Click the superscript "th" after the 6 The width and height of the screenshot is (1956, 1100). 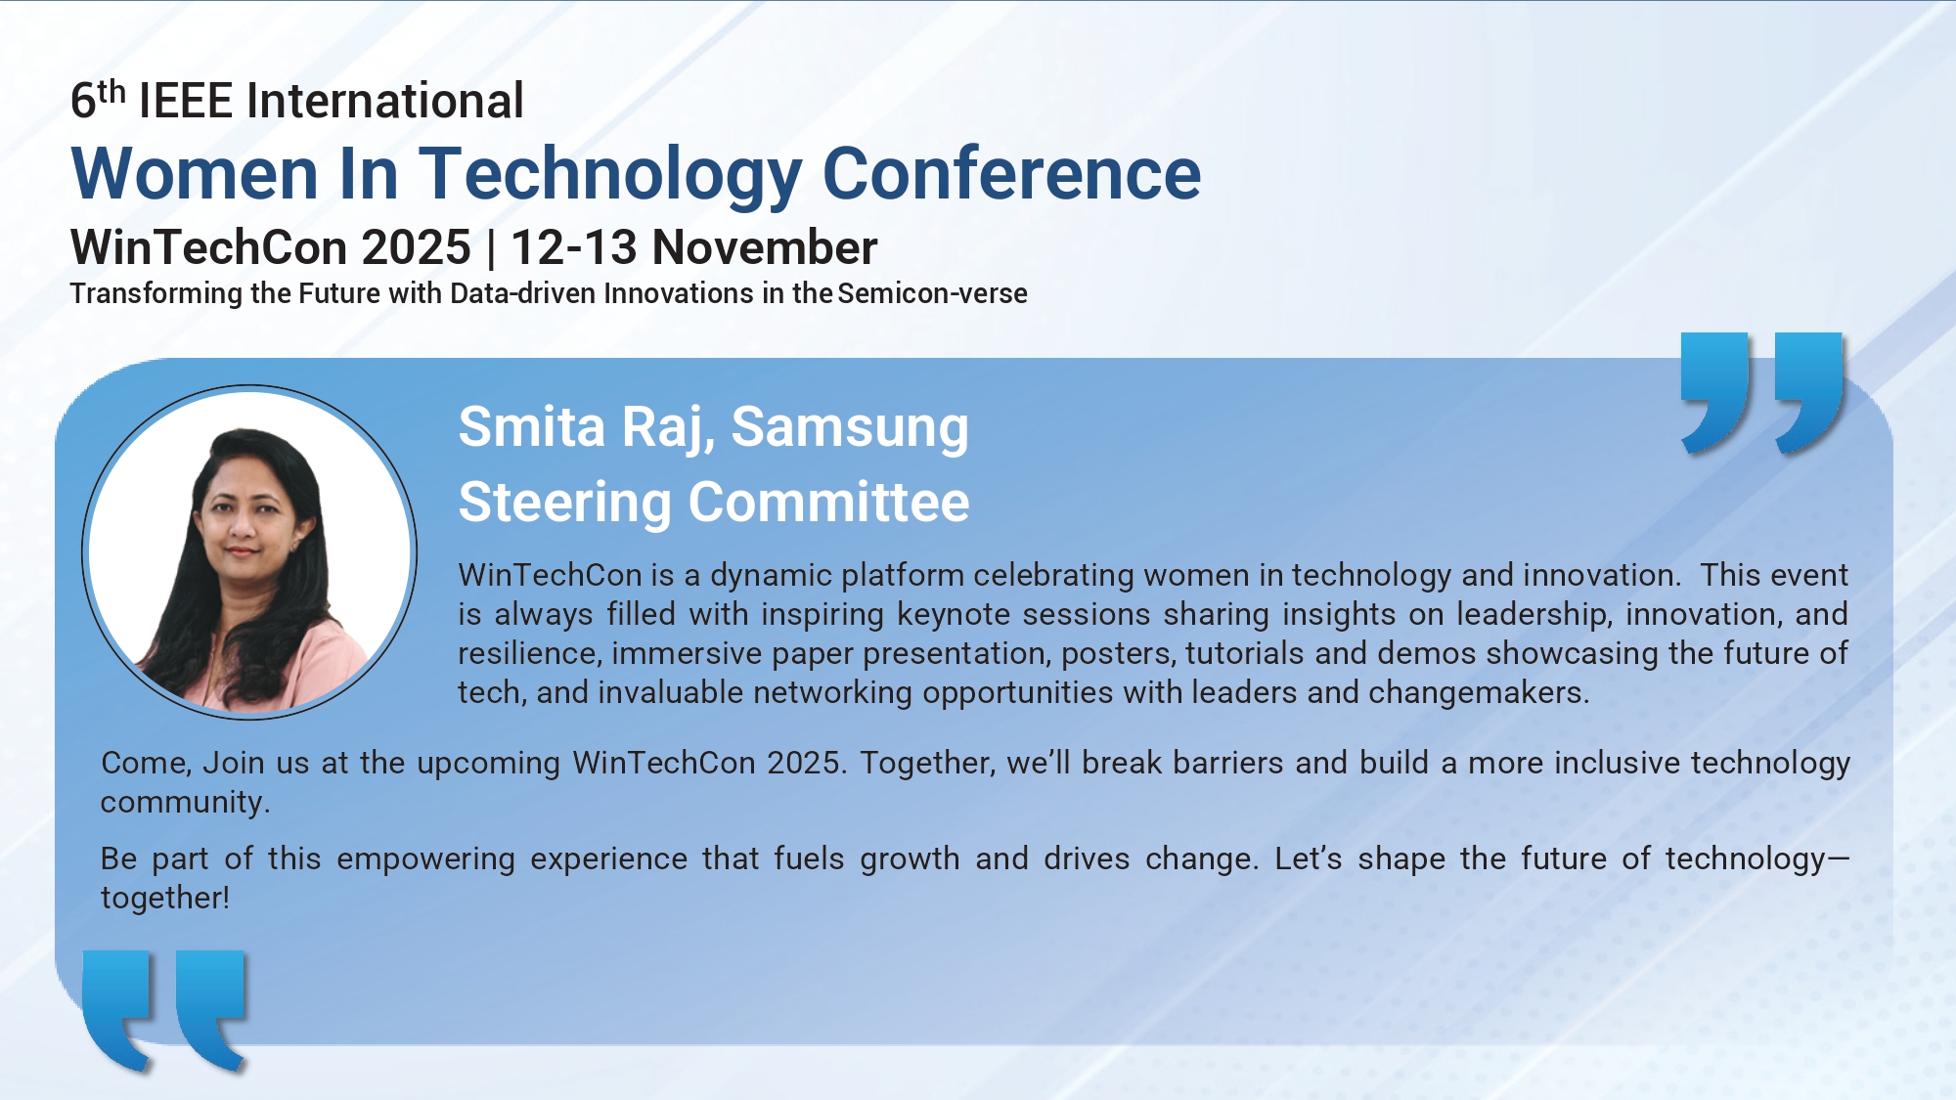[111, 91]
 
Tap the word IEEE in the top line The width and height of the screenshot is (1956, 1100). [186, 101]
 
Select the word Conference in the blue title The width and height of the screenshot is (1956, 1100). [1011, 173]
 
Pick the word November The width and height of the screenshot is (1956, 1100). [765, 247]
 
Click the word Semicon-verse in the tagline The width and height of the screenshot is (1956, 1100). [933, 293]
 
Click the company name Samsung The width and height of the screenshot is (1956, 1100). [850, 429]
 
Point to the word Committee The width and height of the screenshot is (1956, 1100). [829, 503]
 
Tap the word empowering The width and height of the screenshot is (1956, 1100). [425, 859]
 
